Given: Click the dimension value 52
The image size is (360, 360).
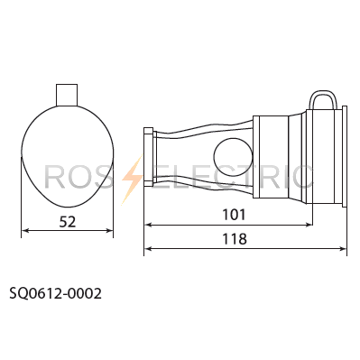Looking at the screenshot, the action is coord(68,222).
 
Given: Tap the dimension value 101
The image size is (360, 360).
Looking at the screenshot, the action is coord(234,215).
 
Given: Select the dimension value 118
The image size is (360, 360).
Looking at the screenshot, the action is coord(235,239).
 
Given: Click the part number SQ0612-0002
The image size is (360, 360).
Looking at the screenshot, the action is coord(56,293).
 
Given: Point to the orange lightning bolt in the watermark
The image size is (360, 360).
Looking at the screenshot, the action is coord(133,180).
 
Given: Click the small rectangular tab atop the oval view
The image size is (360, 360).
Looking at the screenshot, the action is coord(67,95).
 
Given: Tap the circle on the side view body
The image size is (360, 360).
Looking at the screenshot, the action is coord(233,156).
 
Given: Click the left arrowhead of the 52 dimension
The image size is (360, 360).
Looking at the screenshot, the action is coord(25,231).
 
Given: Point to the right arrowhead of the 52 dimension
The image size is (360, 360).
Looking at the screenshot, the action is coord(109,231).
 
